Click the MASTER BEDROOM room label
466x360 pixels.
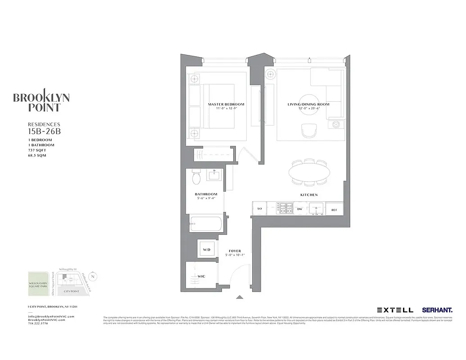pos(222,104)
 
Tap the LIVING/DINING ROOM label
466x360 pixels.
pos(308,104)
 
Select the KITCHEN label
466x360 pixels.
pos(309,195)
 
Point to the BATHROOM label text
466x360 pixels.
pos(206,194)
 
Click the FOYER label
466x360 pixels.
pos(235,251)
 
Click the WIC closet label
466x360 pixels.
pos(202,276)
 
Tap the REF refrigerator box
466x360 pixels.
pos(334,209)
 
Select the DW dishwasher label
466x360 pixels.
pos(299,209)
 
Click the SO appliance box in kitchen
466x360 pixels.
pos(259,209)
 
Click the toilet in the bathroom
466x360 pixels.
pos(196,178)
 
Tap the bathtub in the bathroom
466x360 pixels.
pos(206,223)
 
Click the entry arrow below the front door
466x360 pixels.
pos(240,297)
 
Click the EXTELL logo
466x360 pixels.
pos(395,310)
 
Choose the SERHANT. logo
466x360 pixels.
pos(437,310)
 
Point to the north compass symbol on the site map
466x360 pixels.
pos(92,276)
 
